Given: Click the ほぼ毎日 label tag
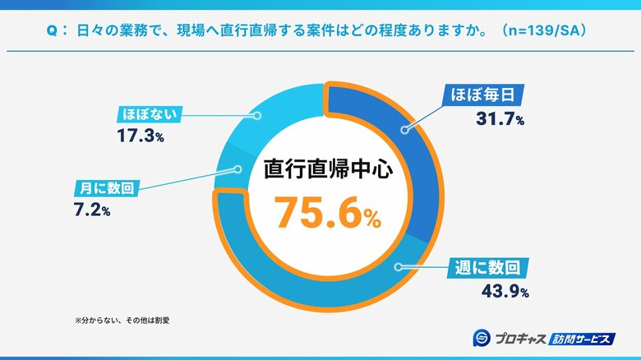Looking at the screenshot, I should pos(482,94).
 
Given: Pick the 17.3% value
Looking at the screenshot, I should pos(141,136).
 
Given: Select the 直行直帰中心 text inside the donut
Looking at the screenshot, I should pos(324,169).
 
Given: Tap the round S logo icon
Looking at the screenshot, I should pos(482,337).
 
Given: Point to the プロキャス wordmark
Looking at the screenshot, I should pos(520,338).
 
